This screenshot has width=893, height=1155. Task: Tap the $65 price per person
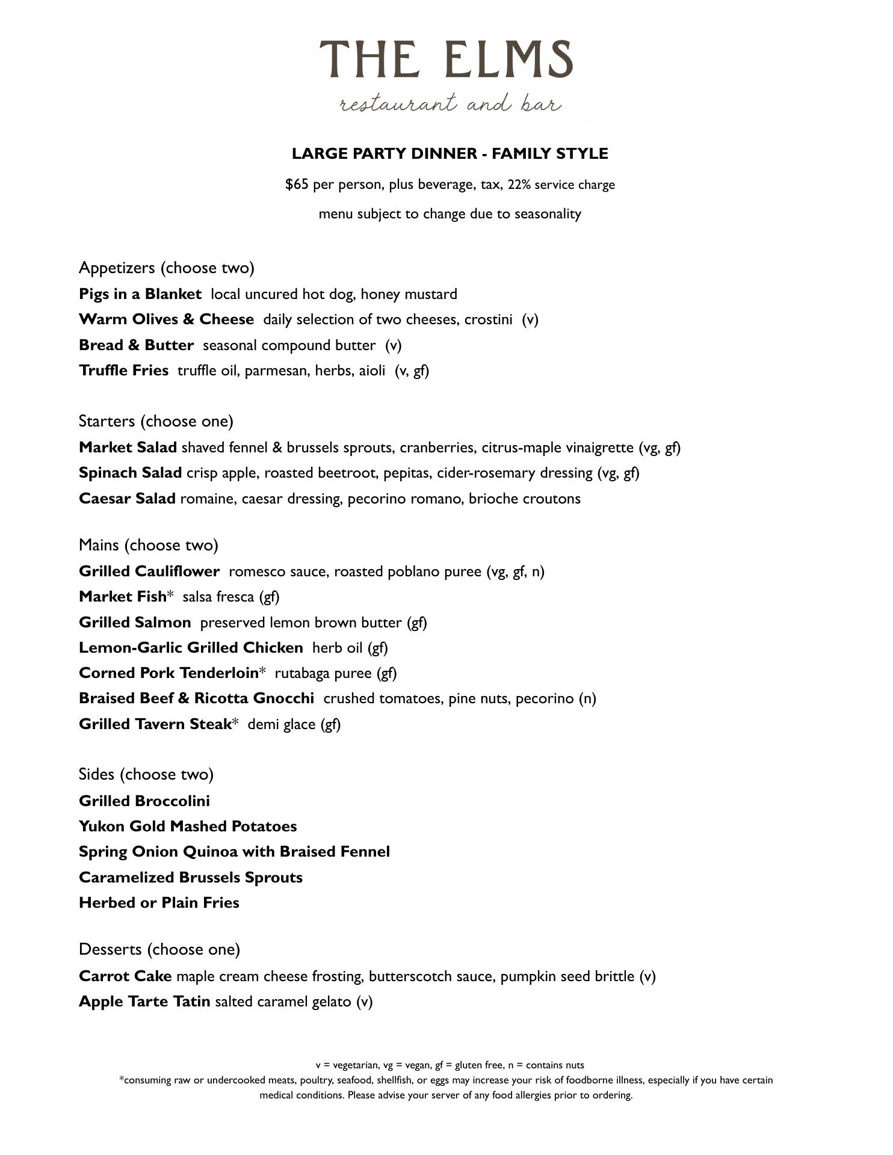[297, 184]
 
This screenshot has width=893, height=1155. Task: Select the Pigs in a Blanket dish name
[140, 294]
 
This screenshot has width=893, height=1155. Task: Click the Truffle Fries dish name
[123, 371]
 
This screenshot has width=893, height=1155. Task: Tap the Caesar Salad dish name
[127, 499]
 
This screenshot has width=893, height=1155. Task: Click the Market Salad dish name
[128, 448]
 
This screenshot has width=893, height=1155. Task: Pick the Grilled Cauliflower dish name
[149, 571]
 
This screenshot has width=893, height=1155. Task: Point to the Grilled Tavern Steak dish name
[155, 724]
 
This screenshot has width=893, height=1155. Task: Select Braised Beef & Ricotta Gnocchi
[196, 698]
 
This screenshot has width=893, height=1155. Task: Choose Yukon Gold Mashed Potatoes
[188, 827]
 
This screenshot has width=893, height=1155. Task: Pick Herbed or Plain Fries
[159, 903]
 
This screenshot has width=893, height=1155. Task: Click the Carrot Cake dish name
[125, 976]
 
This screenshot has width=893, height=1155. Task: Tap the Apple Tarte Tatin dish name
[144, 1002]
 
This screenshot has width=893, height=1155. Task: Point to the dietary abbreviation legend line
[450, 1065]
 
